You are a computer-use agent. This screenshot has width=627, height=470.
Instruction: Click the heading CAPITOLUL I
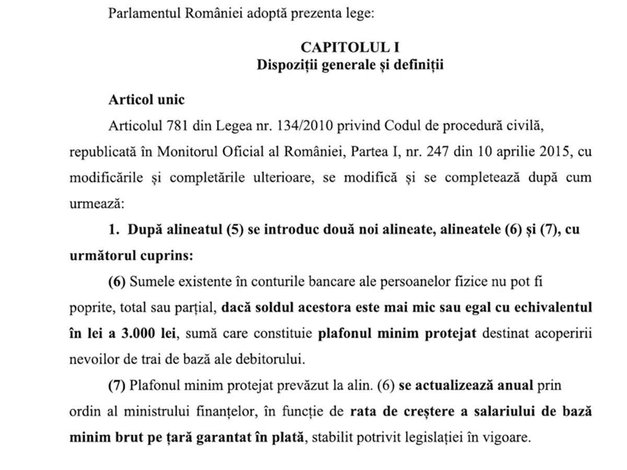pos(350,48)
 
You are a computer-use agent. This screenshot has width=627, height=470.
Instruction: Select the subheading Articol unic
pos(146,100)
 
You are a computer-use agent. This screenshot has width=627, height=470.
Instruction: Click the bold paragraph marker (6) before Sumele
pos(117,282)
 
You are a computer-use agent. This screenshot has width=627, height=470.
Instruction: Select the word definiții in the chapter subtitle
pos(420,66)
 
